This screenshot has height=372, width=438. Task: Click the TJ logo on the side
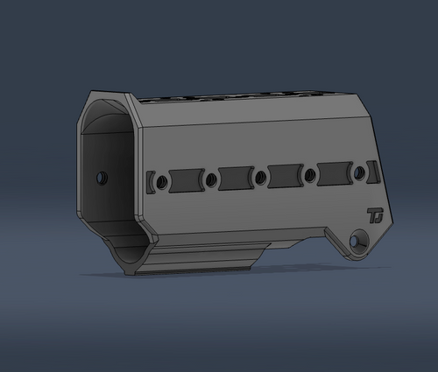coord(376,214)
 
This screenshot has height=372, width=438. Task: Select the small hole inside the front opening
coord(102,177)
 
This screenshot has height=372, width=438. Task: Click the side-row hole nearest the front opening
coord(161,181)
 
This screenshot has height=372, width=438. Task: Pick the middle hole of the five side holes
coord(260,178)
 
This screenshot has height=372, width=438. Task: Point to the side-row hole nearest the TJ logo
coord(359,174)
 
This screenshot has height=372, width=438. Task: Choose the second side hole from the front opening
coord(211,179)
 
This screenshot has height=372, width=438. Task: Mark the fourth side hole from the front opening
coord(310,176)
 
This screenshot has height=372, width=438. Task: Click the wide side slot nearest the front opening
coord(187,179)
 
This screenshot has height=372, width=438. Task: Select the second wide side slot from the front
coord(236,178)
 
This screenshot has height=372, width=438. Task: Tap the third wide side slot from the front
coord(286,176)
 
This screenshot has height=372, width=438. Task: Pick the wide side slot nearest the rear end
coord(335,174)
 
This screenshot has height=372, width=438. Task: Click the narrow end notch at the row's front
coord(151,182)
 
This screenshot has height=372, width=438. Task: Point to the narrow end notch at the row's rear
coord(374,173)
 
